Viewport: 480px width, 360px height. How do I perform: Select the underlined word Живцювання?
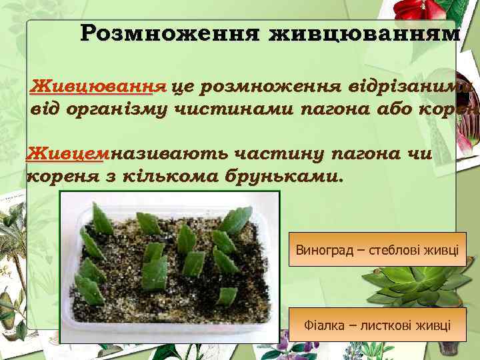pyautogui.click(x=99, y=86)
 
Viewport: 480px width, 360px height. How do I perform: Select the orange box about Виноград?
pyautogui.click(x=377, y=251)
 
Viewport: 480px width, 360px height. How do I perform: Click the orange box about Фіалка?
pyautogui.click(x=377, y=326)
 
